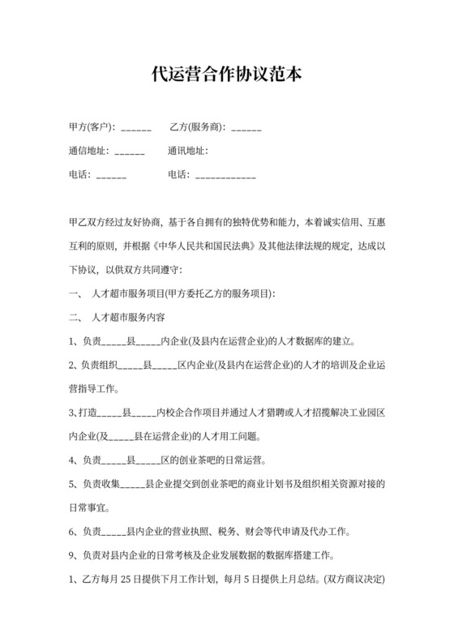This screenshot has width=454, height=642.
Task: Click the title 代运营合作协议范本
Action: click(226, 75)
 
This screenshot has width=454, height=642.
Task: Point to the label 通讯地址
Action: click(187, 151)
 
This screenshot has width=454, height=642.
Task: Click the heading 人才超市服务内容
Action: click(131, 317)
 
